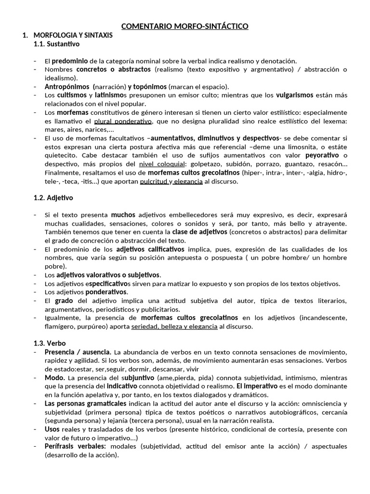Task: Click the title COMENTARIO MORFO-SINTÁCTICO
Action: coord(185,27)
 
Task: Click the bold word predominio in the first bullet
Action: coord(70,61)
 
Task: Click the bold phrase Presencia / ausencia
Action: coord(78,352)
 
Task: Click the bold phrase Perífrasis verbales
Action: coord(75,446)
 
